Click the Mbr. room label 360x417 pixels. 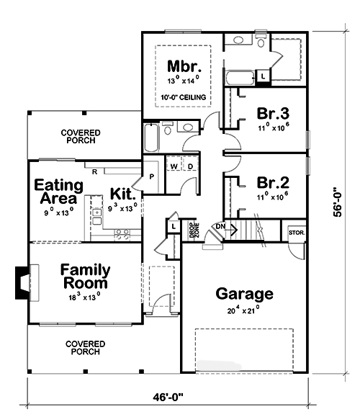tap(183, 66)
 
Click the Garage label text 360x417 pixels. tap(245, 294)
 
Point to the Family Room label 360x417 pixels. tap(85, 277)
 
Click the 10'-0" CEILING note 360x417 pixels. tap(183, 97)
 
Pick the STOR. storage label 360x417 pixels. tap(296, 233)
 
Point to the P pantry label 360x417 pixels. tap(153, 174)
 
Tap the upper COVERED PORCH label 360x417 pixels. tap(81, 137)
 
